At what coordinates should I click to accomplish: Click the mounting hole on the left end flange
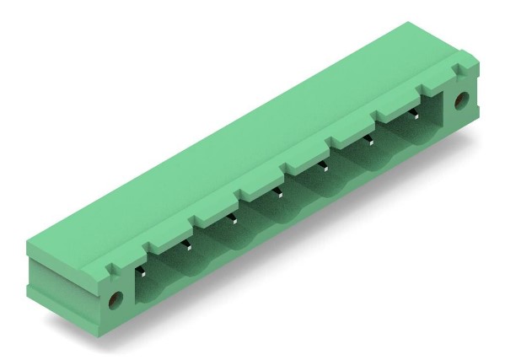[x=116, y=298]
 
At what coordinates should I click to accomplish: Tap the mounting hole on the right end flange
[x=460, y=101]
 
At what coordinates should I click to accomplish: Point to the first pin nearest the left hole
[x=143, y=272]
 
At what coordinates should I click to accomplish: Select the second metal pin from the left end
[x=189, y=246]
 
